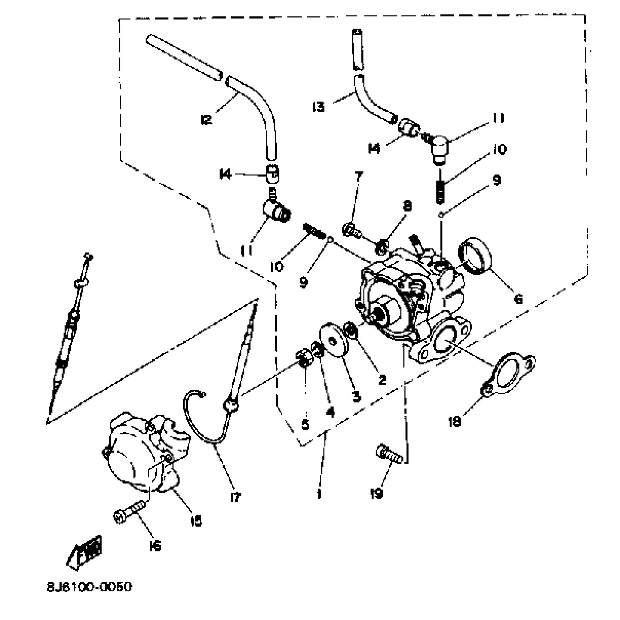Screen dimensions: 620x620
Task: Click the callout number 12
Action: (206, 120)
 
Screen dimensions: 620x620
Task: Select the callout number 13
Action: (318, 107)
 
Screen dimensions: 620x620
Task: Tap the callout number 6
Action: (518, 299)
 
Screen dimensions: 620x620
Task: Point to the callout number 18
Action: (455, 422)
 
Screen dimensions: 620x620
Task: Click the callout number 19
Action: (376, 493)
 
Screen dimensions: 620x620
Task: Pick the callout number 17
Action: (236, 496)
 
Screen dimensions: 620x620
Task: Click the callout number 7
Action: (359, 176)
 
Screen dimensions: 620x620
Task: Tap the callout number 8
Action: (407, 206)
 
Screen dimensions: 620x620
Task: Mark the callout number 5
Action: (305, 425)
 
